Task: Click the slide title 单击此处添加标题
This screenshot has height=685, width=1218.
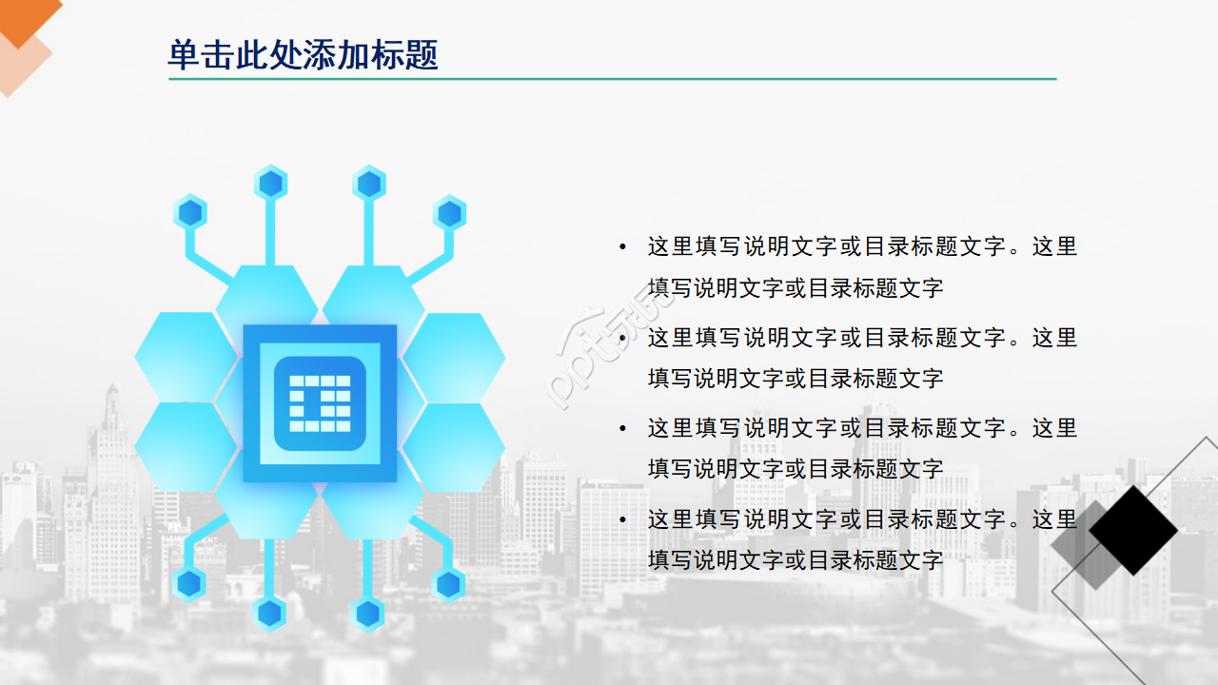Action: (303, 55)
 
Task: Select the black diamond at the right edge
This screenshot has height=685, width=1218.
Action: (1132, 531)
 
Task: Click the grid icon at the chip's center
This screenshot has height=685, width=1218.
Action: (320, 403)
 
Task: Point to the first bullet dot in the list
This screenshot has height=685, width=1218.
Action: (622, 247)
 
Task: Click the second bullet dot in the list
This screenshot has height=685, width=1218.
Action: (622, 338)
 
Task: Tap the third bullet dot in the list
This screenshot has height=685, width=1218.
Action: (622, 429)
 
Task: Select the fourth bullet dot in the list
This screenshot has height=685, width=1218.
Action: (622, 519)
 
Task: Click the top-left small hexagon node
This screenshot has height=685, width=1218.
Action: (190, 212)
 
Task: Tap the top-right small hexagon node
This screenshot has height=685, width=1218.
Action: (449, 213)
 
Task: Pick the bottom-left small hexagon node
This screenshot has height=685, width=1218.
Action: (189, 582)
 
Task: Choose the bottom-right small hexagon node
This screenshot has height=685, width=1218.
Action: (448, 583)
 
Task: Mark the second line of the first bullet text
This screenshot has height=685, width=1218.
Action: (796, 288)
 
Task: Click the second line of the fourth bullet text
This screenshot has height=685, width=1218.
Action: (796, 560)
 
